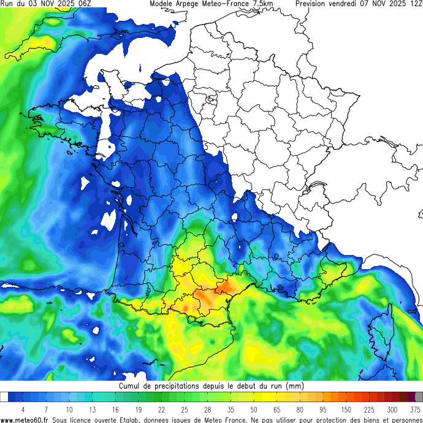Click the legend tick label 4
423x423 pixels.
coord(23,410)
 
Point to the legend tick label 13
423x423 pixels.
coord(92,410)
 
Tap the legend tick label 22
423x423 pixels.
coord(161,410)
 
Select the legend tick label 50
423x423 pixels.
coord(253,410)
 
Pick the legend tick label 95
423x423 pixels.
coord(322,410)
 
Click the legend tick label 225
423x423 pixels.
coord(369,410)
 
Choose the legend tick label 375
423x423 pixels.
coord(415,410)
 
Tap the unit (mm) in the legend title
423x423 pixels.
coord(295,386)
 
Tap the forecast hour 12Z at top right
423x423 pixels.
coord(415,4)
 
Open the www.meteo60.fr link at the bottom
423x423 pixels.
coord(25,419)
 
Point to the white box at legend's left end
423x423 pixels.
coord(4,397)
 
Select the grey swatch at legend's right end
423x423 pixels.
coord(419,397)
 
